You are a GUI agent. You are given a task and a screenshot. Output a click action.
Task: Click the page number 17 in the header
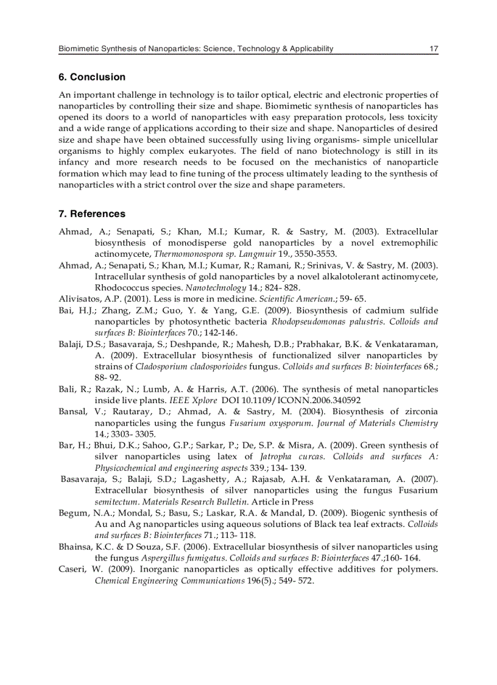[434, 49]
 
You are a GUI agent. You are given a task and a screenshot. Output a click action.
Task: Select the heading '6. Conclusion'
[92, 77]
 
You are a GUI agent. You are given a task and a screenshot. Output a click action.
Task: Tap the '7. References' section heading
[92, 213]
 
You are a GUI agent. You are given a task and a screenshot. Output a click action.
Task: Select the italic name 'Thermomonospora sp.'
[189, 254]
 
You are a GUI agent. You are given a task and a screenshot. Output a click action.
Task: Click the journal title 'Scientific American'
[296, 299]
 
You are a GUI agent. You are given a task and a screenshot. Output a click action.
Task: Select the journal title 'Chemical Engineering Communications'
[169, 581]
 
